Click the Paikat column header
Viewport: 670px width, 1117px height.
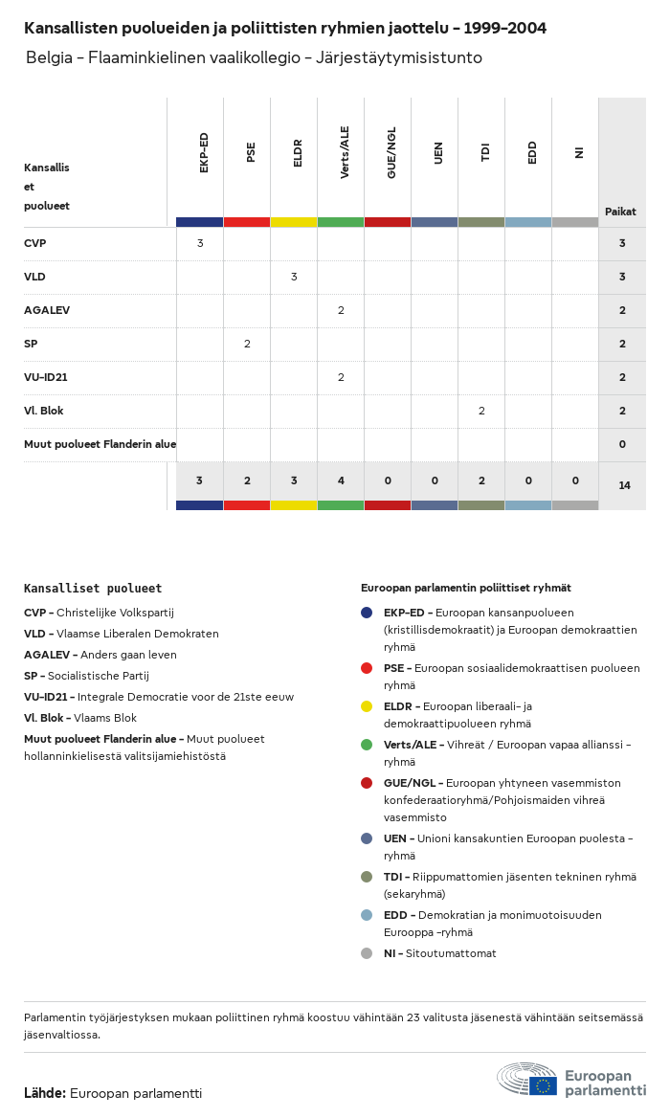pyautogui.click(x=620, y=212)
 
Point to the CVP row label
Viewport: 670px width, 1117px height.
pyautogui.click(x=35, y=243)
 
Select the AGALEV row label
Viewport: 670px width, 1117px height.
pyautogui.click(x=47, y=310)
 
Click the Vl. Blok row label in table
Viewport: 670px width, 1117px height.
pyautogui.click(x=44, y=411)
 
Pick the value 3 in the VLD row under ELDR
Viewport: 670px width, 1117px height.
pyautogui.click(x=294, y=277)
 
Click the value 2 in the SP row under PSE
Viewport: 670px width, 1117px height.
pyautogui.click(x=247, y=344)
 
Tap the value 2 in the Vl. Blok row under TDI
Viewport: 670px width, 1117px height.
pyautogui.click(x=481, y=411)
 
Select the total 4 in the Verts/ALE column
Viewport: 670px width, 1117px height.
pyautogui.click(x=341, y=480)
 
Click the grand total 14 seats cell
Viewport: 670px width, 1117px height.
pyautogui.click(x=624, y=486)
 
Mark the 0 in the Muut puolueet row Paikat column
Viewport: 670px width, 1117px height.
pyautogui.click(x=622, y=444)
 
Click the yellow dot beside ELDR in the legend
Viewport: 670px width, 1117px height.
pyautogui.click(x=367, y=706)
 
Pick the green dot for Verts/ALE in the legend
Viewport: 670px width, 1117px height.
pyautogui.click(x=367, y=745)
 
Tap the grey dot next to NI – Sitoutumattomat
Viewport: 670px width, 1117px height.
pyautogui.click(x=367, y=953)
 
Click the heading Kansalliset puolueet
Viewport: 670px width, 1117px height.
pyautogui.click(x=93, y=589)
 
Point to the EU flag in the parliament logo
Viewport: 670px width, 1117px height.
pyautogui.click(x=544, y=1085)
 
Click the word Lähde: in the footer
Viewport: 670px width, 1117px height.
pyautogui.click(x=45, y=1093)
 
